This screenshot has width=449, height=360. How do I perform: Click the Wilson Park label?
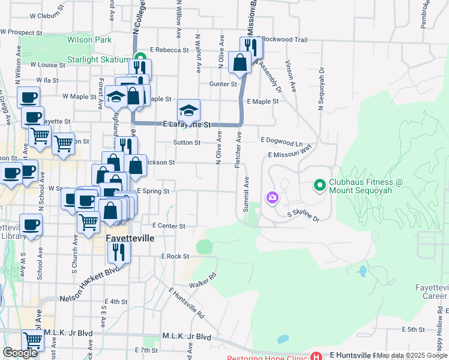coord(90,40)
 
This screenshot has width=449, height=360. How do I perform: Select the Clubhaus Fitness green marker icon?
coord(319,186)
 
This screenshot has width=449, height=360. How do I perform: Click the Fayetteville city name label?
coord(130,238)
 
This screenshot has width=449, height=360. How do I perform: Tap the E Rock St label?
coord(175,256)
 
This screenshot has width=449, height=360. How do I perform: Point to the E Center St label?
coord(169,226)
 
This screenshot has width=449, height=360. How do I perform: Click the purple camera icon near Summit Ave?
coord(273,197)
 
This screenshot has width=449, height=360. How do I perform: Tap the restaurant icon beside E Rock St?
coord(119,251)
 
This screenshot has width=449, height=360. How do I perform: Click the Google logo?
coord(20,353)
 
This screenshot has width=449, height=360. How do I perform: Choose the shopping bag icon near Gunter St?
coord(240,62)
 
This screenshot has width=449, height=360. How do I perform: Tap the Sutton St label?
coord(187,143)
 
